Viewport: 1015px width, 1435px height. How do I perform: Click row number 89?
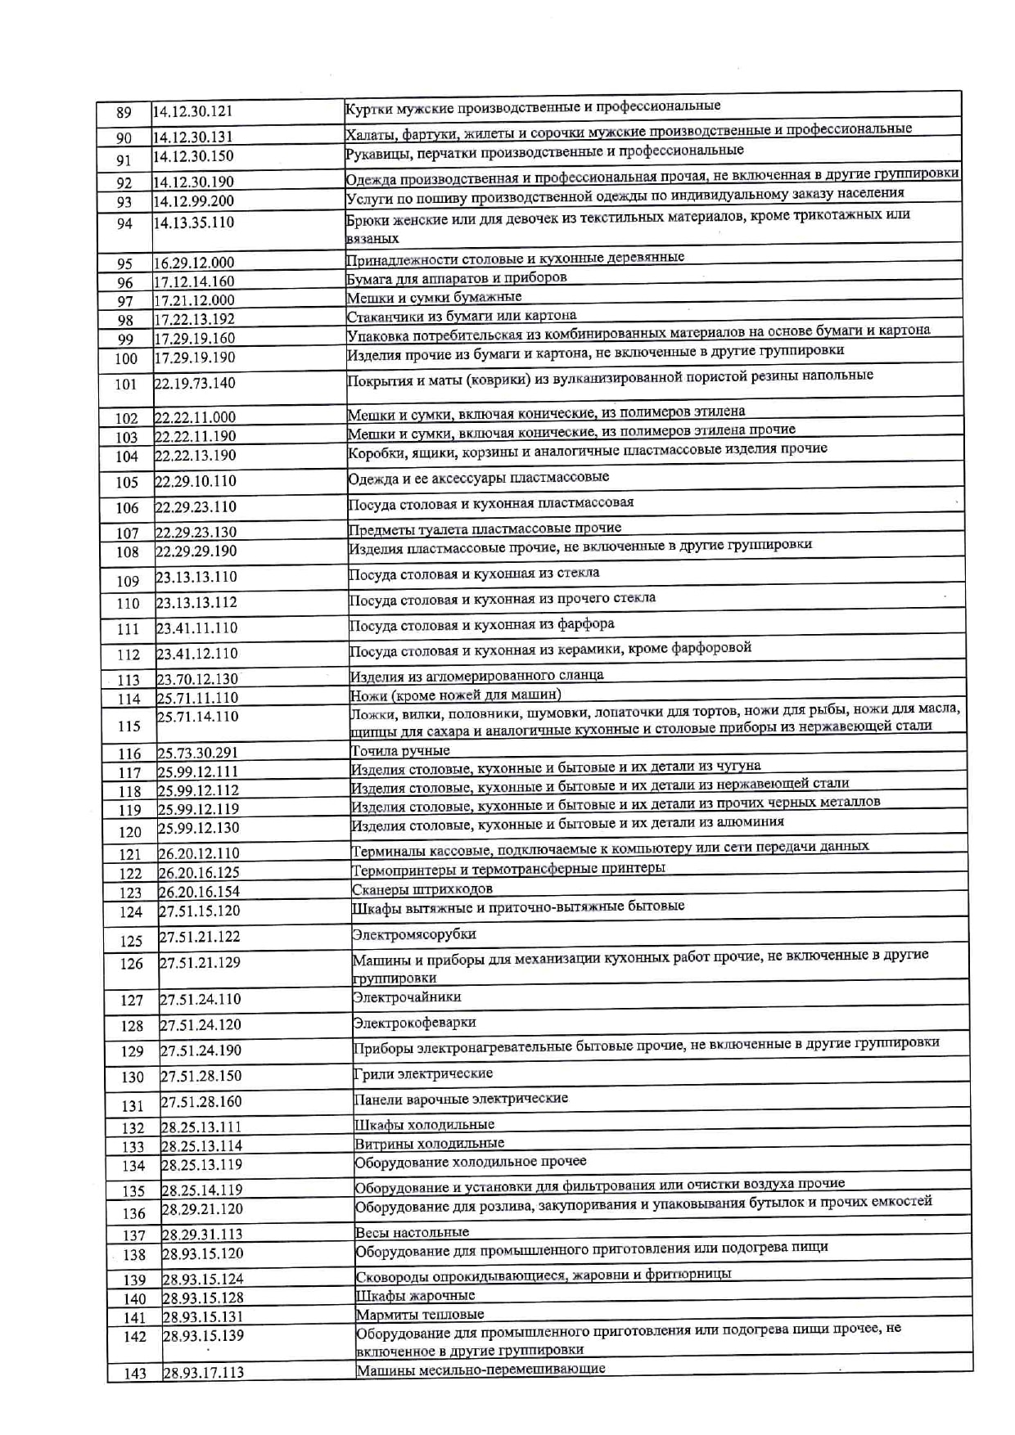(124, 113)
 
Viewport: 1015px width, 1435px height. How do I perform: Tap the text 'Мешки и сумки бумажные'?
(434, 297)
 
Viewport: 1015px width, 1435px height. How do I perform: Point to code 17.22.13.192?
(195, 320)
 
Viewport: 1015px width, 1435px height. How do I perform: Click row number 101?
(126, 385)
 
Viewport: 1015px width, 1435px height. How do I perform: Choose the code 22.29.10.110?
(196, 481)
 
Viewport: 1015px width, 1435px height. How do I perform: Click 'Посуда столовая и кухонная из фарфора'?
(481, 625)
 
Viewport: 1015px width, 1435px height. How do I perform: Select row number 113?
(129, 680)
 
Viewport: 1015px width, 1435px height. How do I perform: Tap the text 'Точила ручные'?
(400, 751)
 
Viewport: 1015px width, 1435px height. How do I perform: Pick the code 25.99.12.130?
(198, 828)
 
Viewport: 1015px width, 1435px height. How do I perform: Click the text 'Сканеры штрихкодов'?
(422, 889)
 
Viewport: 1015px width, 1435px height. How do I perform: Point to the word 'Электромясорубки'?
(414, 934)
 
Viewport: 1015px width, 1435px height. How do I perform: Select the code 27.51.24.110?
(201, 999)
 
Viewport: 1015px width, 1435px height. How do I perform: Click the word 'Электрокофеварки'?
(414, 1023)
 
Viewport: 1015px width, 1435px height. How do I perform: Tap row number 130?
(133, 1077)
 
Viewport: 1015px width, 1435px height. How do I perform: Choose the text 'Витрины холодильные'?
(429, 1144)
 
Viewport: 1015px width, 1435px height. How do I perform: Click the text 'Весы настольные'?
(413, 1232)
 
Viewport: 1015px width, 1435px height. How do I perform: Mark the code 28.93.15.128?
(203, 1298)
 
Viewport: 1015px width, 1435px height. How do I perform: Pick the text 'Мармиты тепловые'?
(420, 1315)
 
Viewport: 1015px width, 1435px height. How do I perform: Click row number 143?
(135, 1374)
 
